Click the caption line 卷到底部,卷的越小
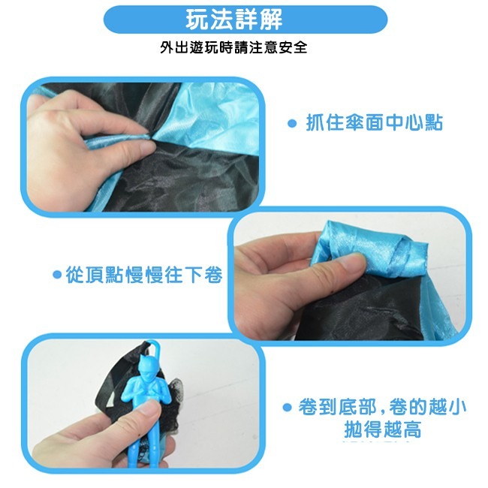click(382, 408)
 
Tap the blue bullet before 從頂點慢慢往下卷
click(56, 276)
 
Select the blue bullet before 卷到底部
click(287, 408)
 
